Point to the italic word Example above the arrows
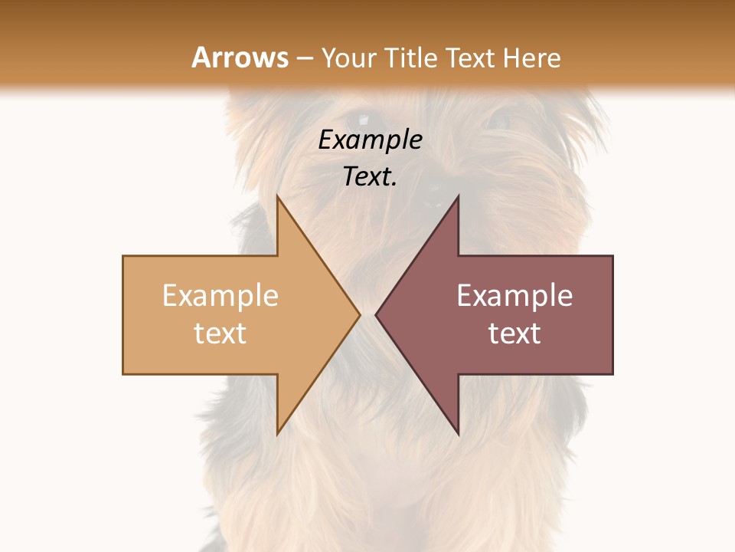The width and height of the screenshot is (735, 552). point(370,140)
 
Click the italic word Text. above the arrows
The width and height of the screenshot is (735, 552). point(370,177)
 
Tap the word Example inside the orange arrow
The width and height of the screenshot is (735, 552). point(220,296)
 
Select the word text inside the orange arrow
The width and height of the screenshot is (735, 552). point(220,333)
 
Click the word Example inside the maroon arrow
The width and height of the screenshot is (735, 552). point(514,296)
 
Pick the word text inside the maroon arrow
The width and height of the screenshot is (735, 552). point(514,333)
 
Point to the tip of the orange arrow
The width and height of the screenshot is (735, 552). point(358,314)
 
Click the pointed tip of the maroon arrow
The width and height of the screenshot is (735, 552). point(377,314)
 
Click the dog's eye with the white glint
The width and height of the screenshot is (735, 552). point(361,120)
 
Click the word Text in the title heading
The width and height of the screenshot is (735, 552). point(472,58)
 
